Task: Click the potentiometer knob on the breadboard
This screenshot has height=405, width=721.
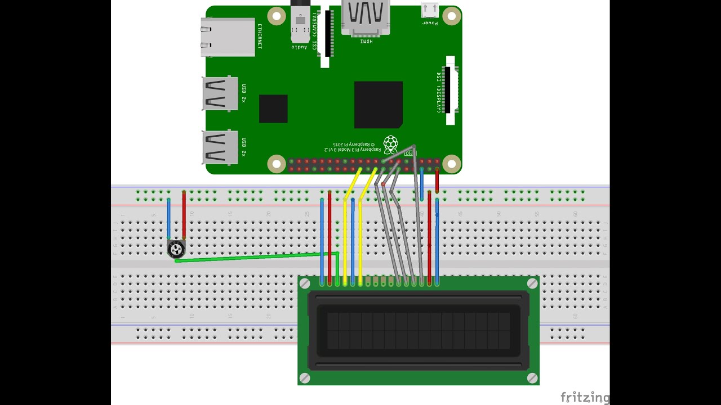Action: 176,249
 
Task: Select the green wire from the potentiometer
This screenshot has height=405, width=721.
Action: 253,257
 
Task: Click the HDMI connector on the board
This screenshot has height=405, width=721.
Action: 366,17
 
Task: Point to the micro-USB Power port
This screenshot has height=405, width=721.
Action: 430,10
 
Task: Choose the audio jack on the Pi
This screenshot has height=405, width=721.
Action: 300,25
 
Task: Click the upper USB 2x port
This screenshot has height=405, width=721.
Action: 220,93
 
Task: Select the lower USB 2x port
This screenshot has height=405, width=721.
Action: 220,147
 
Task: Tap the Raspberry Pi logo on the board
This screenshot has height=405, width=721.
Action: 390,144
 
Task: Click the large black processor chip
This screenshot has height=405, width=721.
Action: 378,105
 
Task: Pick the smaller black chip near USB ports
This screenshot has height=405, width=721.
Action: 273,109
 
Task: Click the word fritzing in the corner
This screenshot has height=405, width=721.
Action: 585,398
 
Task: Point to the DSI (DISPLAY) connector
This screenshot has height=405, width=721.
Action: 450,90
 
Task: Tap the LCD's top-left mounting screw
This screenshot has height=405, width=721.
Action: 305,283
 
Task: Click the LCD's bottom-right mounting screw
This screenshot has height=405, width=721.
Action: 532,378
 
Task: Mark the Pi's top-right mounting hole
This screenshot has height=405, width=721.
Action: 451,16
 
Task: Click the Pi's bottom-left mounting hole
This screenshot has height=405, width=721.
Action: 277,164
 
